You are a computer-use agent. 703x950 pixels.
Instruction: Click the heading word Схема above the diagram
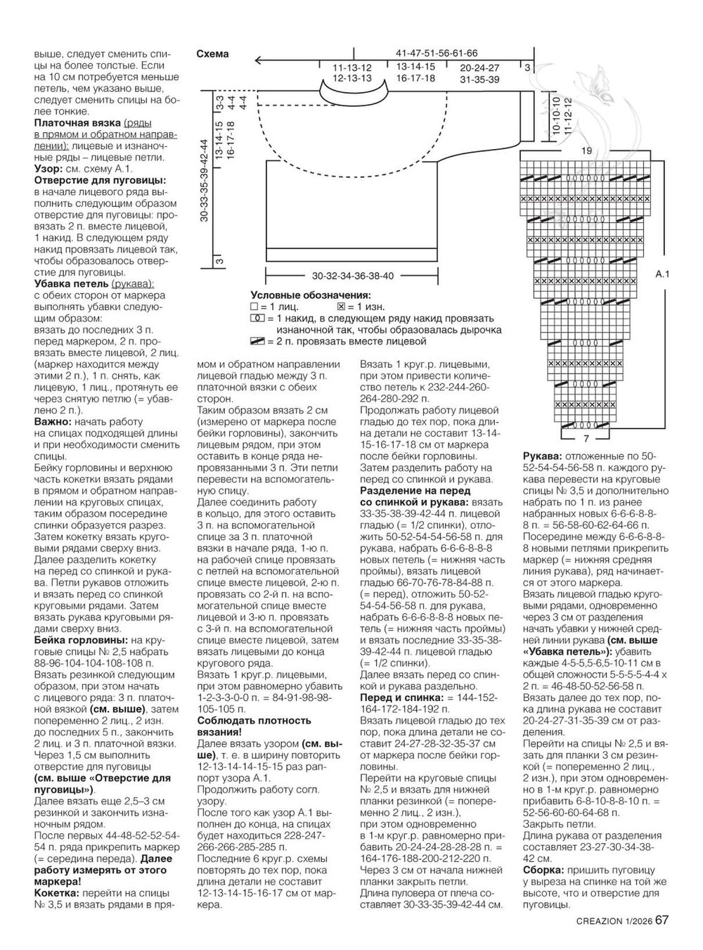[x=212, y=54]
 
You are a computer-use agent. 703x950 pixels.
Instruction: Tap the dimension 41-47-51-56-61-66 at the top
[x=437, y=53]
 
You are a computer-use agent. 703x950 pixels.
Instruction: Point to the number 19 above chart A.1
[x=586, y=151]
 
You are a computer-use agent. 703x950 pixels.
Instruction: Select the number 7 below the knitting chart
[x=586, y=429]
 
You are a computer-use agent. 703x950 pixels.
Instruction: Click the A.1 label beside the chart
[x=662, y=276]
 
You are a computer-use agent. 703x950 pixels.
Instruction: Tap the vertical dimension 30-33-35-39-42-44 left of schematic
[x=204, y=181]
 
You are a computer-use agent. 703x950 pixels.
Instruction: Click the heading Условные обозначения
[x=311, y=295]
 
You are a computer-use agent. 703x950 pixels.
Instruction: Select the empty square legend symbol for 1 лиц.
[x=254, y=307]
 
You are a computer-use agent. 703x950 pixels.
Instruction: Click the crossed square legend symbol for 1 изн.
[x=342, y=307]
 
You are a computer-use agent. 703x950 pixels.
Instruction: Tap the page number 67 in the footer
[x=662, y=920]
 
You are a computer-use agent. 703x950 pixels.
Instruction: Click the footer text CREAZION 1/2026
[x=614, y=921]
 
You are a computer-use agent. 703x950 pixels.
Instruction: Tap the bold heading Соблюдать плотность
[x=254, y=721]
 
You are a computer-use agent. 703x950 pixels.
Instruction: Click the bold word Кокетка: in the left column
[x=58, y=892]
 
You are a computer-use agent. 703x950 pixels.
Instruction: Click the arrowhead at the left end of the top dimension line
[x=257, y=60]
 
